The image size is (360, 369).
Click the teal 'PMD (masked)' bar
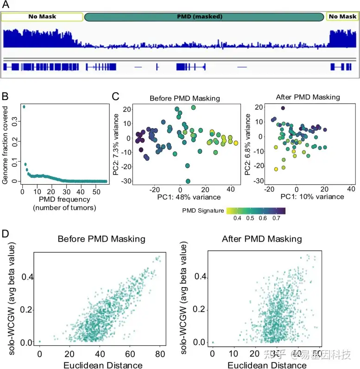click(x=204, y=17)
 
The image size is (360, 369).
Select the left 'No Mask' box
click(x=42, y=17)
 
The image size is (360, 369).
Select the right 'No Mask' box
click(x=342, y=17)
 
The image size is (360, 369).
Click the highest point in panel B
click(x=24, y=107)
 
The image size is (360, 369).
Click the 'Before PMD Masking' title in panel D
click(x=101, y=239)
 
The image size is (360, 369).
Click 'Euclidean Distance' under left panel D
click(x=101, y=364)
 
